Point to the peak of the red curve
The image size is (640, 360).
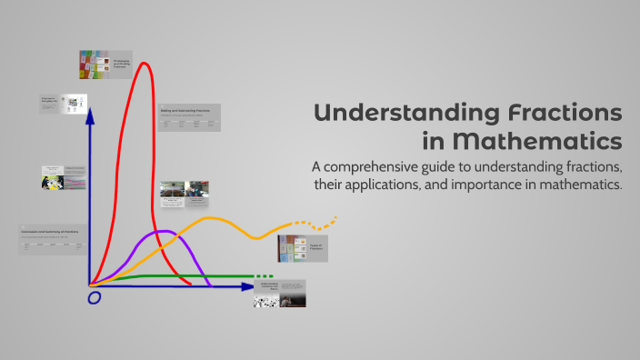[x=143, y=64]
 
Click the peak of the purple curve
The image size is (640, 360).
[x=163, y=233]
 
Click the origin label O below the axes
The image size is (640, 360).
[x=92, y=297]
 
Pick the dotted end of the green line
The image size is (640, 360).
[x=263, y=275]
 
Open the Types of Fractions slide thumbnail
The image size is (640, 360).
[x=302, y=248]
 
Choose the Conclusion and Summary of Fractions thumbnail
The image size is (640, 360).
[x=53, y=239]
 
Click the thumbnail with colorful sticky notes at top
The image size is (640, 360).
[x=105, y=65]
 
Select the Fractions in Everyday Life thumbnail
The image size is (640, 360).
[x=63, y=104]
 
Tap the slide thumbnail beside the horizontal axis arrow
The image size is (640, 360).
[x=279, y=293]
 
